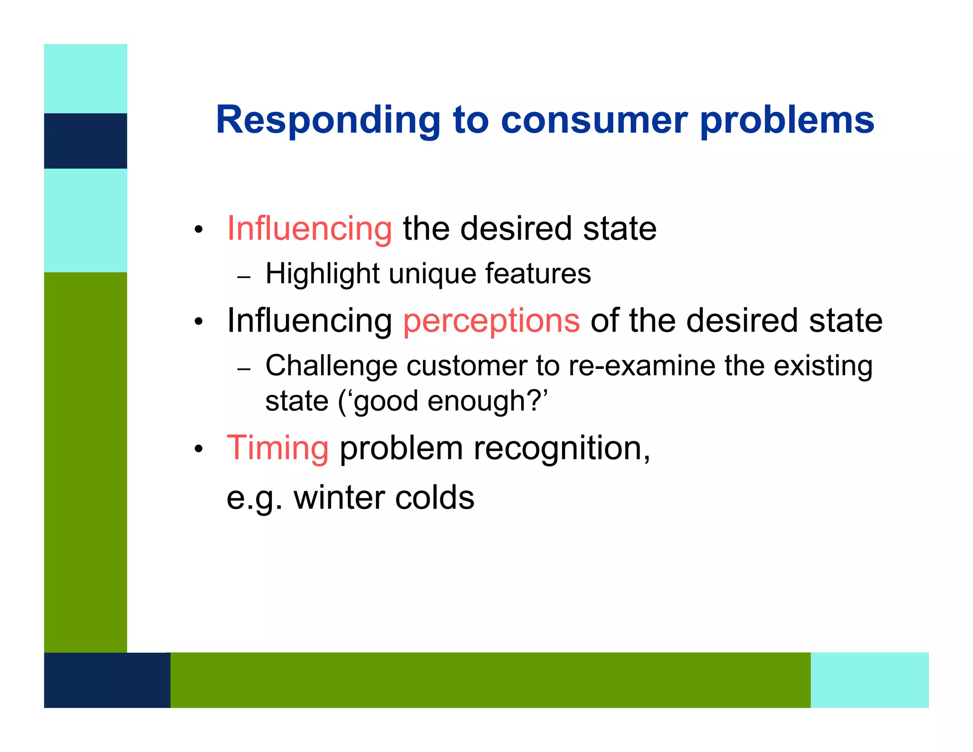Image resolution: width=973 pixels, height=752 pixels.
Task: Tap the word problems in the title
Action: click(787, 120)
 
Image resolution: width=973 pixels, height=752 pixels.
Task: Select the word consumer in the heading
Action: click(594, 120)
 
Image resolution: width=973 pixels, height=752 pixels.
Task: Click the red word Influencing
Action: click(309, 229)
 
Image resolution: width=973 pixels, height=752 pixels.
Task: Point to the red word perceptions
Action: click(491, 320)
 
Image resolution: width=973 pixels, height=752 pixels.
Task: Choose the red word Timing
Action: click(277, 448)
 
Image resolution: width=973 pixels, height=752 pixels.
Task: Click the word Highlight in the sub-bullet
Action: click(322, 274)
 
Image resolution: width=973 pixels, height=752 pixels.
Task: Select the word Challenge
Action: click(331, 366)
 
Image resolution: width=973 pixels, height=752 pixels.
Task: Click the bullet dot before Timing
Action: click(199, 449)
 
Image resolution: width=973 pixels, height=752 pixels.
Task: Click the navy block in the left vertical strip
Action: click(86, 141)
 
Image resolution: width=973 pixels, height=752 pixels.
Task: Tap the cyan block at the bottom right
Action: click(869, 680)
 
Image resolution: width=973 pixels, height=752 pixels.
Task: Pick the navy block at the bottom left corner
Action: click(107, 680)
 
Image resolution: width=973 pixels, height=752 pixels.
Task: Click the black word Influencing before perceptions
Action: click(309, 320)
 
